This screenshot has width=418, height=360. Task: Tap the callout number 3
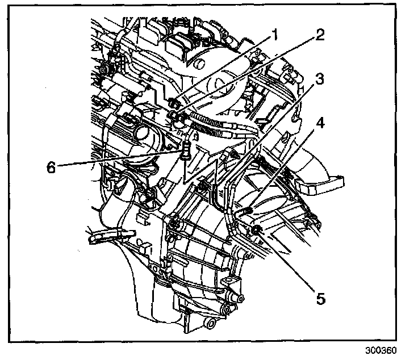coord(320,79)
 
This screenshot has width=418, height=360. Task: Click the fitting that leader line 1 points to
coord(175,103)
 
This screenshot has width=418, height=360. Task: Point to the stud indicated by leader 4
coord(248,211)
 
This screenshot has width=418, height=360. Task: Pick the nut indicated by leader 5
coord(256,229)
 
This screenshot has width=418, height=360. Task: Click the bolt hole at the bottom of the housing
coord(212,323)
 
